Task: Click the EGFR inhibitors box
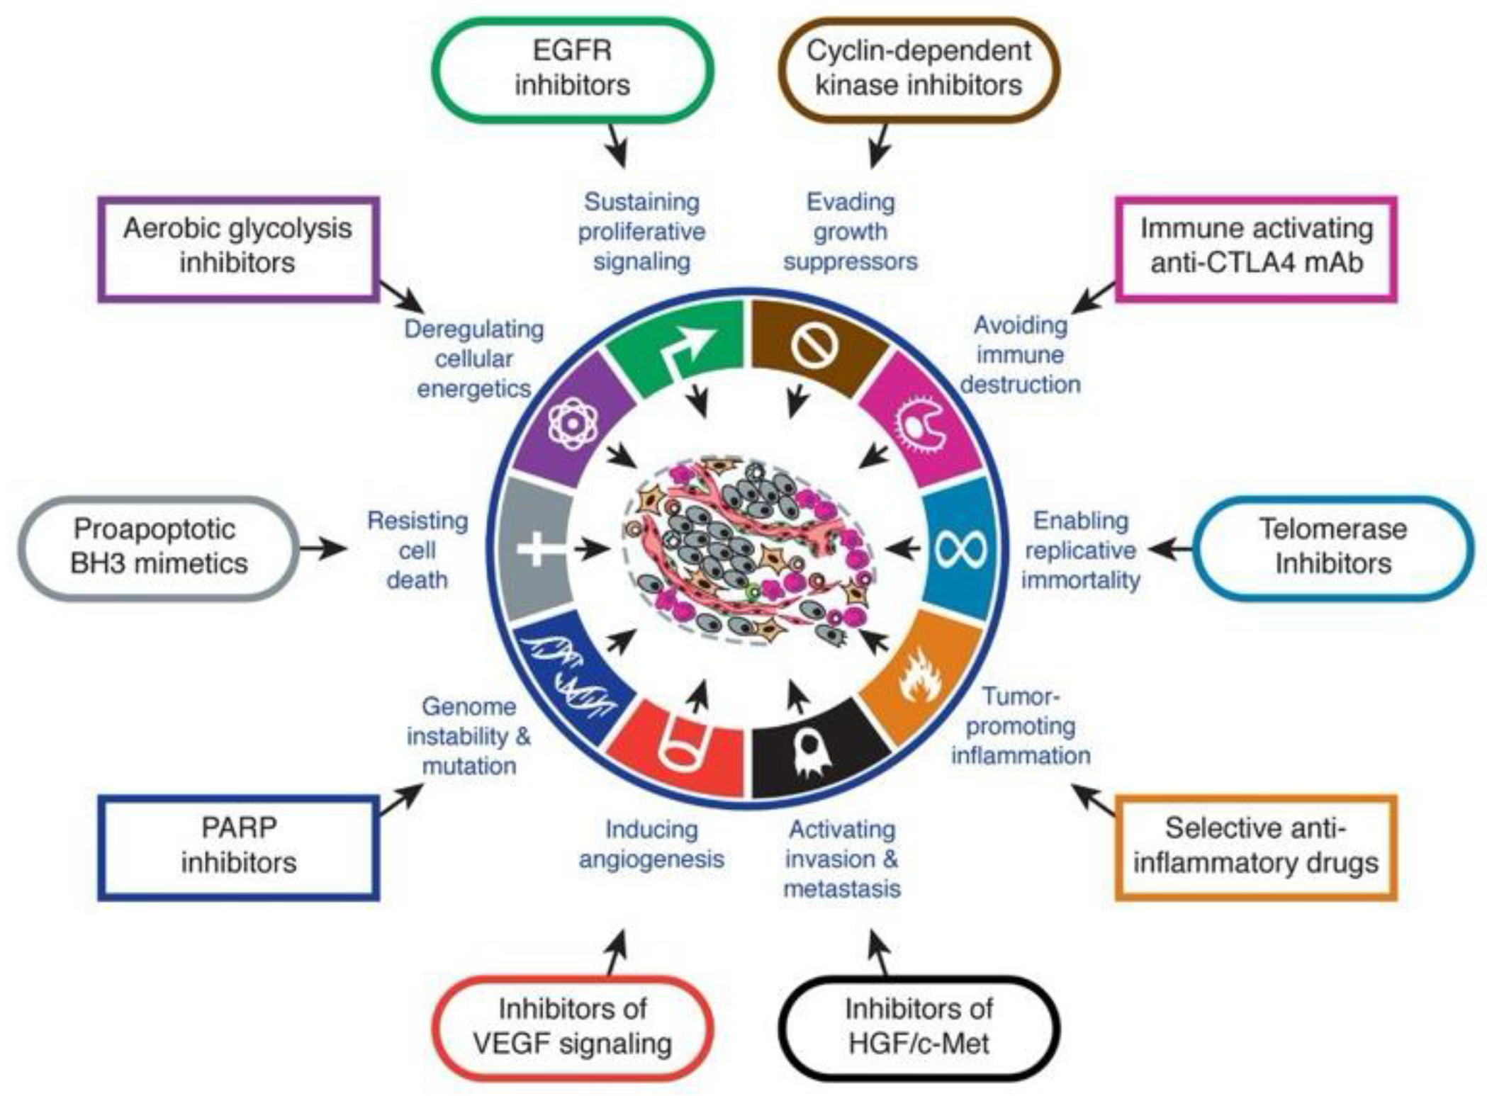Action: pyautogui.click(x=572, y=69)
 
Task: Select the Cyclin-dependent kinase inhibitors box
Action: pyautogui.click(x=918, y=69)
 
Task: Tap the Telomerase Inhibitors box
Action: pyautogui.click(x=1332, y=547)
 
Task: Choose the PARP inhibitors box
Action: pyautogui.click(x=238, y=846)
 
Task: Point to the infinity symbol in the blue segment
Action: pyautogui.click(x=960, y=548)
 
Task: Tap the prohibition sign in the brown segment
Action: pyautogui.click(x=814, y=345)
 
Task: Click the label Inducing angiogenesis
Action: pyautogui.click(x=651, y=844)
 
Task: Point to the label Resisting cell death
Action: pyautogui.click(x=417, y=550)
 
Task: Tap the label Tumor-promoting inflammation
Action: pyautogui.click(x=1020, y=725)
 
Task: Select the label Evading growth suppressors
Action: pyautogui.click(x=850, y=232)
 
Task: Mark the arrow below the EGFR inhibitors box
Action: pyautogui.click(x=617, y=146)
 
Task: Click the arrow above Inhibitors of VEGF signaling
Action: pyautogui.click(x=617, y=953)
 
